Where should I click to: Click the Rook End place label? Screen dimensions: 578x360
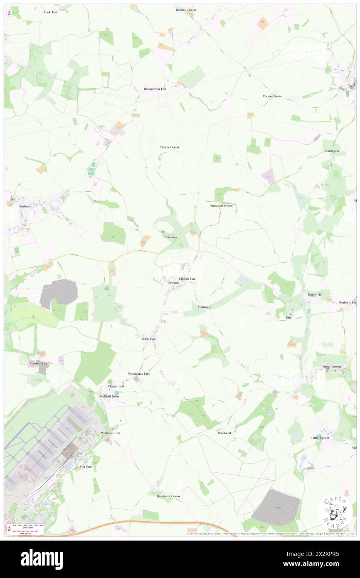[50, 12]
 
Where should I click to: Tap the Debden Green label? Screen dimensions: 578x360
[185, 10]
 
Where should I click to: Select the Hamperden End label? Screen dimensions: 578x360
[155, 89]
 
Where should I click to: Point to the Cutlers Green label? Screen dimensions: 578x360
[272, 96]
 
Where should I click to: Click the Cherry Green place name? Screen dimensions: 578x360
[169, 147]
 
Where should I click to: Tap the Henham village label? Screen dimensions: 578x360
[19, 206]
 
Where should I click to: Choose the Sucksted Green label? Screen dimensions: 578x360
[221, 206]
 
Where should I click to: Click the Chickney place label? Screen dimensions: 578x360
[170, 237]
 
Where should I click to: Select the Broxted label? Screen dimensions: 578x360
[173, 283]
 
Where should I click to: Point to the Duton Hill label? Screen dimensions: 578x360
[315, 294]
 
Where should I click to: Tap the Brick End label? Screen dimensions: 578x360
[148, 339]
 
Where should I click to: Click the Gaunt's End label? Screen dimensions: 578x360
[39, 363]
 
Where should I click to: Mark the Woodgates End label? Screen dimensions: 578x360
[138, 374]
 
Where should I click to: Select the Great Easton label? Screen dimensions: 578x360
[332, 367]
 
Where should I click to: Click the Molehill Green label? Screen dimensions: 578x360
[110, 397]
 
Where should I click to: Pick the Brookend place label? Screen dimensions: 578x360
[224, 433]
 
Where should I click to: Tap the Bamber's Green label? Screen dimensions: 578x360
[168, 496]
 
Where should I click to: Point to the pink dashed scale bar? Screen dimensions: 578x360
[28, 527]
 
